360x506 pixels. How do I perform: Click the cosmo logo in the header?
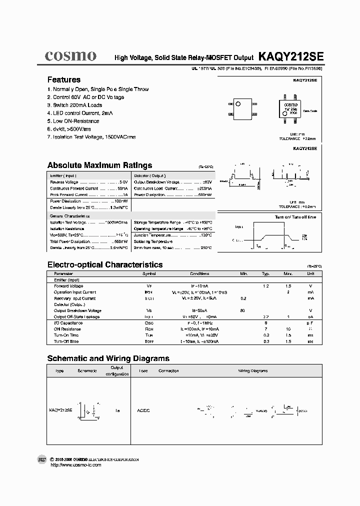pos(70,56)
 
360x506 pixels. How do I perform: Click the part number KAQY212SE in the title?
pos(291,57)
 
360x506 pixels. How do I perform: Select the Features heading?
pos(63,79)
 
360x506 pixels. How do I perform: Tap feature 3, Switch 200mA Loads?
pos(74,105)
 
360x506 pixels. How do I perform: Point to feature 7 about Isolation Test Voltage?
pos(91,136)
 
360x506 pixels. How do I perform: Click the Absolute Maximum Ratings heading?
pos(99,165)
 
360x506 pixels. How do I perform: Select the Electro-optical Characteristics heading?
pos(104,264)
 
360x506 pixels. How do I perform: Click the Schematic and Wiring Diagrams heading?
pos(108,358)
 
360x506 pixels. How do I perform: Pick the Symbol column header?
pos(149,274)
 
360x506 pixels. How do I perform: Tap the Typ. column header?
pos(266,274)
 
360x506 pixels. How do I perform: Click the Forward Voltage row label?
pos(68,286)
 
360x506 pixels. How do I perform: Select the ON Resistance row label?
pos(67,329)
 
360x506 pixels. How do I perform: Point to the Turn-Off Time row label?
pos(66,341)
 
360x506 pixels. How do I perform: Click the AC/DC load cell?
pos(143,410)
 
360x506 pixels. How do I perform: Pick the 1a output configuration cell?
pos(117,410)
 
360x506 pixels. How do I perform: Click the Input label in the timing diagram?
pos(239,226)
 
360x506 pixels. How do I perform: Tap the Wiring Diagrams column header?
pos(252,371)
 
